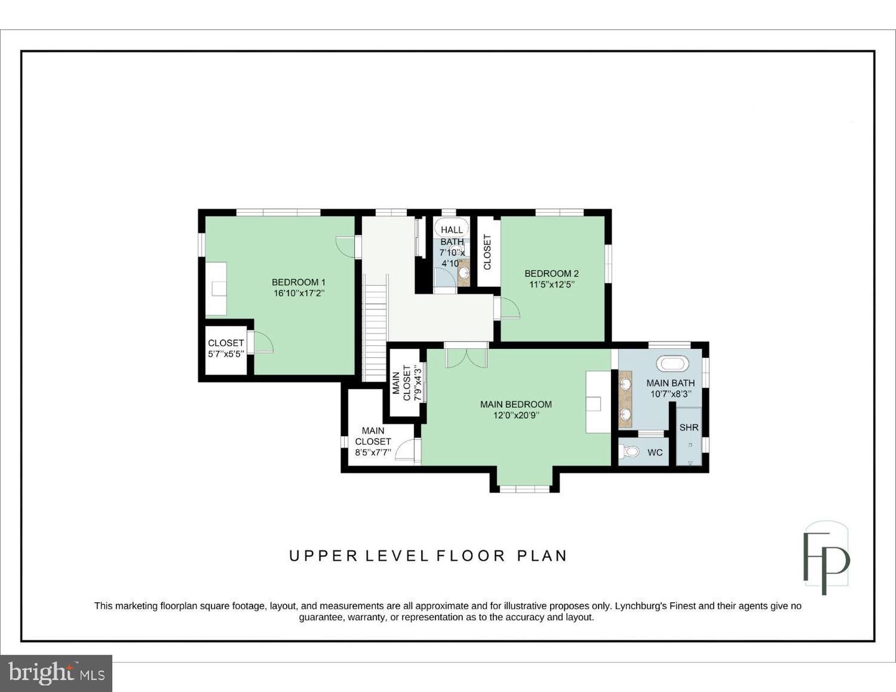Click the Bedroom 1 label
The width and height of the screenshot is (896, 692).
tap(299, 283)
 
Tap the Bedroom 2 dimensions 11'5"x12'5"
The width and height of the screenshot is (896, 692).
tap(552, 284)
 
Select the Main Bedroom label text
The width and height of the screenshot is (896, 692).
tap(516, 404)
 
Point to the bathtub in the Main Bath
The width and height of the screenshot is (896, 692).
tap(673, 364)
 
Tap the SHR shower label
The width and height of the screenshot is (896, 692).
tap(689, 428)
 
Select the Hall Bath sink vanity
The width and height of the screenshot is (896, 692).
tap(464, 273)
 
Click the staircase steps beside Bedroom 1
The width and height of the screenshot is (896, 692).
tap(375, 329)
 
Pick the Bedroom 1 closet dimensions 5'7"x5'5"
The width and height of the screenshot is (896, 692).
tap(226, 354)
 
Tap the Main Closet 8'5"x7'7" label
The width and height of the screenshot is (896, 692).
tap(373, 442)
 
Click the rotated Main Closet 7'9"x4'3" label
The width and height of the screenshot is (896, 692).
tap(406, 383)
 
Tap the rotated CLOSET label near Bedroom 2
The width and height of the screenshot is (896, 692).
tap(487, 252)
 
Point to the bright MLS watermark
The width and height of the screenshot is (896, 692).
tap(56, 673)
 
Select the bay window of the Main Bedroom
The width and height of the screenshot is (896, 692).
tap(525, 489)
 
